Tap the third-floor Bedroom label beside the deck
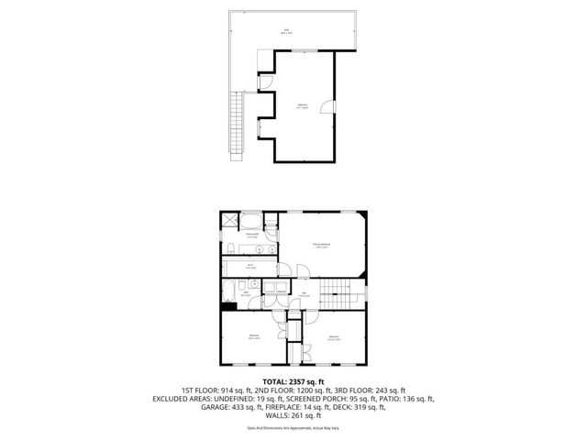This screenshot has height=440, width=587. coord(303,107)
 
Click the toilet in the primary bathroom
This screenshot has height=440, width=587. coord(228,247)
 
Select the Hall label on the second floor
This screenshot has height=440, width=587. coord(303,295)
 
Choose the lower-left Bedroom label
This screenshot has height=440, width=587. coord(253,337)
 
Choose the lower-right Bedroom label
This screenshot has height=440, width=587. coord(334,338)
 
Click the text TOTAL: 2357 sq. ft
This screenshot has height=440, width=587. coord(293,380)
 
